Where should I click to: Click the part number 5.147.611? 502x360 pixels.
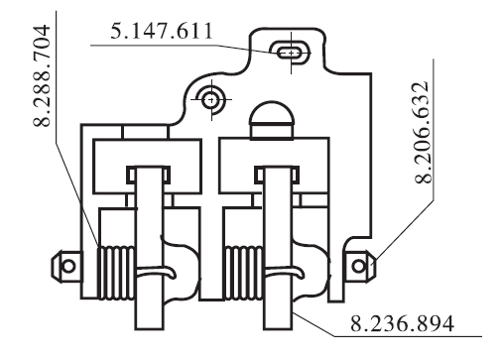coord(161,31)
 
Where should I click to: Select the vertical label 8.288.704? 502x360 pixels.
coord(42,75)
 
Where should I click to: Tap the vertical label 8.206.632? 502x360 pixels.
coord(423,132)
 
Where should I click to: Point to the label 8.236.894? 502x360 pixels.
coord(402,323)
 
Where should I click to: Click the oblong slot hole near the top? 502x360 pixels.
coord(291,53)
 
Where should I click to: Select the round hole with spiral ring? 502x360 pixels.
coord(210,99)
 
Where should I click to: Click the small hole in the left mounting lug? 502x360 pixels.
coord(68,266)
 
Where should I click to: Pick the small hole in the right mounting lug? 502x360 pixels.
coord(359,266)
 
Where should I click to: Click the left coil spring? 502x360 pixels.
coord(116,273)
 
